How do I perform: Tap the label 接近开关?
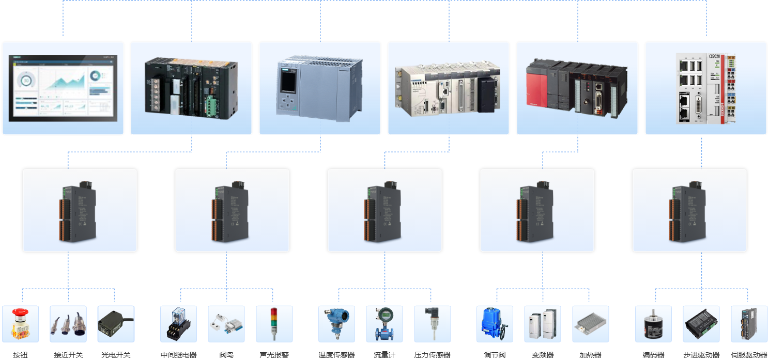68,355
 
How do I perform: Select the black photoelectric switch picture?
116,323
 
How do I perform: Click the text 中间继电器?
178,355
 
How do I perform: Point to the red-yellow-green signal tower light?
274,323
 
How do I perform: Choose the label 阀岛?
226,355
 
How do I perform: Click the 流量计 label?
385,355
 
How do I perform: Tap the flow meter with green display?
385,323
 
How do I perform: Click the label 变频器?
543,355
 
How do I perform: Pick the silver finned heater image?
590,323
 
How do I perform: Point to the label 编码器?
653,355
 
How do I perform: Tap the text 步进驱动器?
701,355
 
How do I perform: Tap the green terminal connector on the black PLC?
211,105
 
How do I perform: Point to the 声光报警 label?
274,355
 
